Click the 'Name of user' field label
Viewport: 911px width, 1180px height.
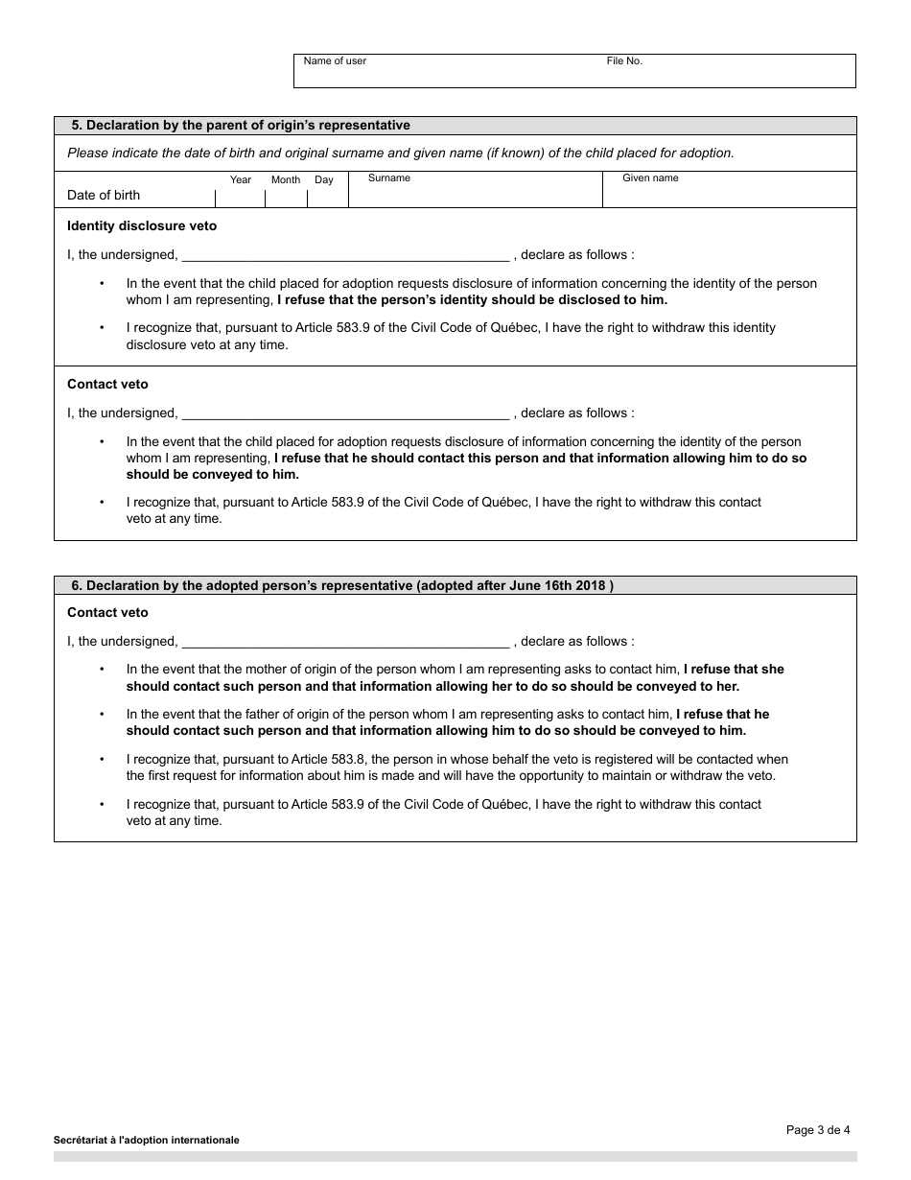tap(335, 61)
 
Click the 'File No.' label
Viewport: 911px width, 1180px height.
tap(624, 61)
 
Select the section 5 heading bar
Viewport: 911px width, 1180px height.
tap(455, 126)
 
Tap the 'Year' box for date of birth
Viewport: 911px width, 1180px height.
tap(241, 198)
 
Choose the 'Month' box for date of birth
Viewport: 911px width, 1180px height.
tap(286, 198)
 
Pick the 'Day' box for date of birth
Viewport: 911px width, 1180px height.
tap(326, 198)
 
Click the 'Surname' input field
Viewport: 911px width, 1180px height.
tap(475, 195)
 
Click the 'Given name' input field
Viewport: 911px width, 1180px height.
tap(729, 195)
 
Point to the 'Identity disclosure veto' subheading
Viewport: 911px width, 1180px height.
tap(142, 226)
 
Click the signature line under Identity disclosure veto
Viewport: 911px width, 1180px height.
tap(345, 256)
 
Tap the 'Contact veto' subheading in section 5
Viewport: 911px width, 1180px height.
tap(107, 385)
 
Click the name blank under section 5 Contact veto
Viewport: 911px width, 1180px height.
tap(345, 414)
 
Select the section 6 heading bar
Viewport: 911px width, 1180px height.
tap(455, 586)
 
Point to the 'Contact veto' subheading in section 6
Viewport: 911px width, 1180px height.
tap(107, 613)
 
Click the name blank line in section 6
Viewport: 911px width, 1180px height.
tap(345, 643)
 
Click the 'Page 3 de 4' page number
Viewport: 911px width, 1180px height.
tap(818, 1130)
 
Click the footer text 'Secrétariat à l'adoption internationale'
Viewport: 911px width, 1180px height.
tap(147, 1141)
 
